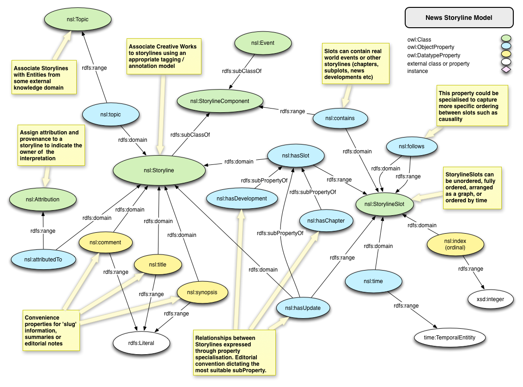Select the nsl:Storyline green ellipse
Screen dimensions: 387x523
click(x=159, y=170)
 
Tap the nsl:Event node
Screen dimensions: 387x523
click(x=262, y=44)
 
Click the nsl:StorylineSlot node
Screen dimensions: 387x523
click(x=384, y=204)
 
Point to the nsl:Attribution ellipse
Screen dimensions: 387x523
click(x=42, y=200)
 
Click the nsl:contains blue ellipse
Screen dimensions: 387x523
click(x=340, y=118)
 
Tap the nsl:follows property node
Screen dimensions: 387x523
click(x=411, y=147)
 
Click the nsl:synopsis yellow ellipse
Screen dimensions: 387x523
click(x=203, y=292)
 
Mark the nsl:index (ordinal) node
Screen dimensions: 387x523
click(x=455, y=244)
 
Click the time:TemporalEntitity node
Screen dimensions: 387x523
click(x=449, y=338)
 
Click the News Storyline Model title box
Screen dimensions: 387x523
click(x=459, y=18)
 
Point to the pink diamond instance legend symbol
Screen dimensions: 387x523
click(x=506, y=70)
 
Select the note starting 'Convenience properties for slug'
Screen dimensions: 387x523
click(x=51, y=330)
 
